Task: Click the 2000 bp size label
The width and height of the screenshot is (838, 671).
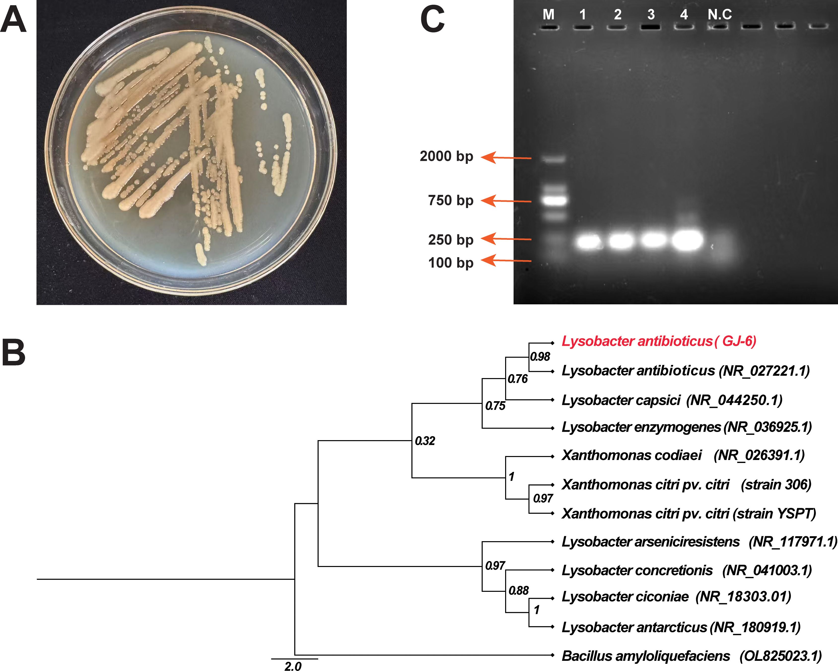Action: (x=446, y=156)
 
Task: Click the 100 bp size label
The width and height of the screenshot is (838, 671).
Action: (x=451, y=263)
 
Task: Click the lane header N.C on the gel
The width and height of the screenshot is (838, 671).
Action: (x=719, y=15)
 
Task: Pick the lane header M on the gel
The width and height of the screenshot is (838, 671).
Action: (x=548, y=15)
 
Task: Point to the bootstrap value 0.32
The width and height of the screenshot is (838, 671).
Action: (x=425, y=441)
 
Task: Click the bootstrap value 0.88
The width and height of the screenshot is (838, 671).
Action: (x=519, y=591)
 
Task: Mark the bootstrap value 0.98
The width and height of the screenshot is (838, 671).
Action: (x=540, y=356)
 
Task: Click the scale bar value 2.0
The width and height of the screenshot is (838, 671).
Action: (x=293, y=666)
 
